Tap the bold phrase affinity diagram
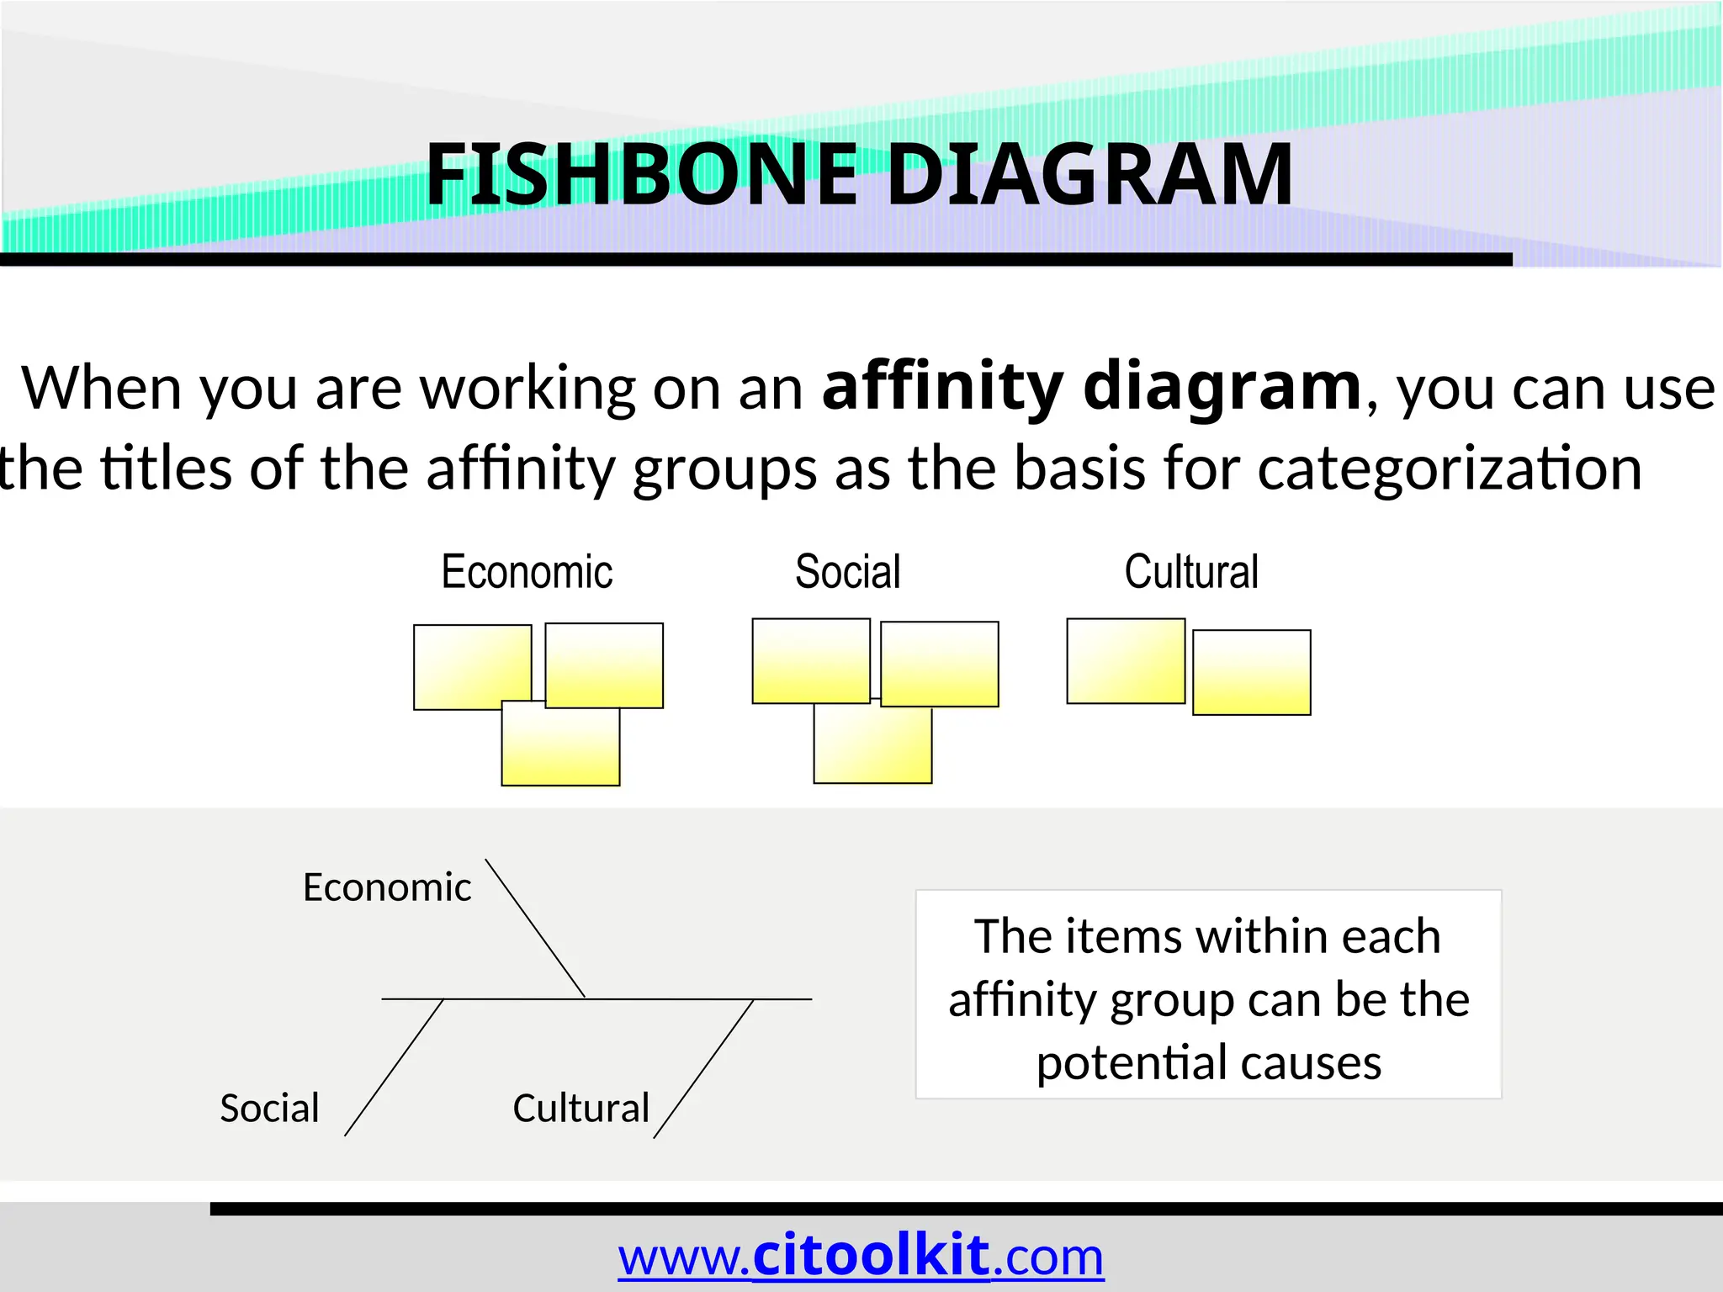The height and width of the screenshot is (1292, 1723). [1091, 387]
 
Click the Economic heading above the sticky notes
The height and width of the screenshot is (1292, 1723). [527, 572]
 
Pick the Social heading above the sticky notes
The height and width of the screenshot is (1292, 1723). [847, 572]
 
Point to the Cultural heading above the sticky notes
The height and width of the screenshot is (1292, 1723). [1190, 572]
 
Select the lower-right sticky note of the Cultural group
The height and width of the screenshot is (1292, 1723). [1251, 673]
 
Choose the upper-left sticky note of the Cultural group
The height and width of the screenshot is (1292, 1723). [1125, 661]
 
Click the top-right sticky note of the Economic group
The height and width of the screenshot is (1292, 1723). [604, 665]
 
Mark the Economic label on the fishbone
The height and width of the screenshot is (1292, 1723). [387, 887]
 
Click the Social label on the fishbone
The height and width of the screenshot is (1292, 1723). [269, 1108]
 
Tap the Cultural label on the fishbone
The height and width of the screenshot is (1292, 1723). [581, 1108]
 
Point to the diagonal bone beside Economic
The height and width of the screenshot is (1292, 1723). [535, 929]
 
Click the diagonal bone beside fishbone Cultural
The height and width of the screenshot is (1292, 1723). [703, 1068]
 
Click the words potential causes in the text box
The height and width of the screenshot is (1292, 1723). [1208, 1062]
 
